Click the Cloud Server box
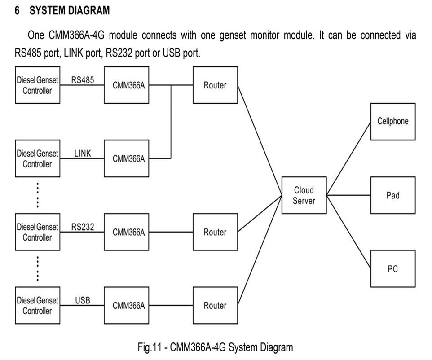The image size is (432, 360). [x=304, y=195]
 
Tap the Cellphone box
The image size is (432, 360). [x=392, y=122]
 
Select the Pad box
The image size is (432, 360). [x=392, y=195]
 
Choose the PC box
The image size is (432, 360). [x=392, y=269]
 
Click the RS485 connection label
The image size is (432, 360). [x=83, y=80]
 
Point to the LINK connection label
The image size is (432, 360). [x=83, y=154]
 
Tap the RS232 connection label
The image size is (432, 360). [x=83, y=227]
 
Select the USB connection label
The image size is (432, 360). [x=83, y=300]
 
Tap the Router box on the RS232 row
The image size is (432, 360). [x=215, y=232]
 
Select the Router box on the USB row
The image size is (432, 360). [x=215, y=306]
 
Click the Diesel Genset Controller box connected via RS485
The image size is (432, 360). [x=37, y=85]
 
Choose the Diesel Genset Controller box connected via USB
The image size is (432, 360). [x=37, y=306]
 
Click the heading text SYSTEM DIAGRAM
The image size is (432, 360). [x=70, y=11]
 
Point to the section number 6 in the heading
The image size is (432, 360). [x=17, y=11]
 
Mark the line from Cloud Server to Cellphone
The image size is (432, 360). [x=348, y=158]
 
